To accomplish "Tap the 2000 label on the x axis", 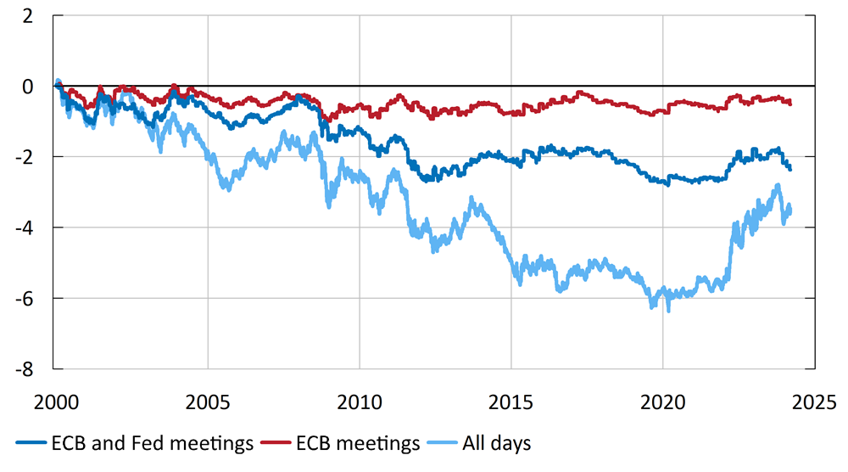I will (x=56, y=400).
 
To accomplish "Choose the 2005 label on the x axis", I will (x=208, y=400).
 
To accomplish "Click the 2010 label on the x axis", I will (x=360, y=400).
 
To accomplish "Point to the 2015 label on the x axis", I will (x=511, y=400).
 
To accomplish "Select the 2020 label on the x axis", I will (x=663, y=400).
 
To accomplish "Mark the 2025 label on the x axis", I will (x=814, y=400).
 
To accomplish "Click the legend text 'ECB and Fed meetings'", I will (x=152, y=443).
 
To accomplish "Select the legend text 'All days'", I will (x=496, y=443).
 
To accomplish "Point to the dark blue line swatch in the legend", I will (x=30, y=444).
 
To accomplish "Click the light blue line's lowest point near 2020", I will (x=668, y=310).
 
